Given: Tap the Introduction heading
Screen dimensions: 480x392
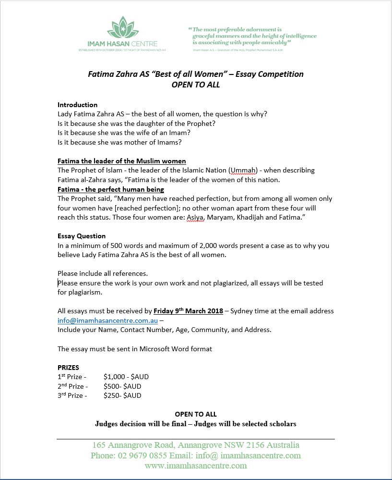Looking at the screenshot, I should [77, 105].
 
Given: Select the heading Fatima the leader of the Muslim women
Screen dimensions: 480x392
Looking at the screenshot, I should [121, 161].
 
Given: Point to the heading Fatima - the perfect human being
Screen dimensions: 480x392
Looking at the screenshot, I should [110, 189].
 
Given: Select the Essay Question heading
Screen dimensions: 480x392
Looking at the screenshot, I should [82, 236].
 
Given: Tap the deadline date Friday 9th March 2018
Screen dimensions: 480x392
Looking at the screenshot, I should [188, 311].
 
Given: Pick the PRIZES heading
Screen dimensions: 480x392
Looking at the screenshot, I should [68, 368].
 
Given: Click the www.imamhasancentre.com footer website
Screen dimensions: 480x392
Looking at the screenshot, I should [195, 466].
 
